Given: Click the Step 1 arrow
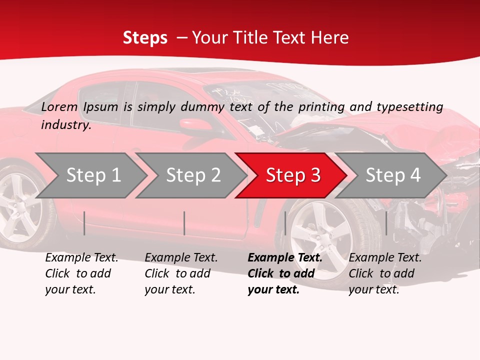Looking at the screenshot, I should click(92, 175).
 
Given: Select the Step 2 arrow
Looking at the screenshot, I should click(192, 175).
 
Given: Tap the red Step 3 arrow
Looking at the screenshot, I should click(292, 175).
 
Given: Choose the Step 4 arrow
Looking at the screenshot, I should click(392, 175).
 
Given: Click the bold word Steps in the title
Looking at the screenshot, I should click(145, 37).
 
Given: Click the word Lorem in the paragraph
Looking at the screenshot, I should click(59, 106).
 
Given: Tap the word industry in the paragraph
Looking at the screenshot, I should click(66, 124).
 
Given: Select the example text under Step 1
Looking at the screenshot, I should click(81, 273).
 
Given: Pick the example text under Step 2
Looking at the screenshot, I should click(181, 273).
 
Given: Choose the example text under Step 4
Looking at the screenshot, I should click(385, 273).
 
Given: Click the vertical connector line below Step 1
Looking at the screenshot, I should click(84, 223).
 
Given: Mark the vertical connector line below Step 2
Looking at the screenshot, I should click(184, 223).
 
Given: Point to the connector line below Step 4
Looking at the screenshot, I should click(386, 223).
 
